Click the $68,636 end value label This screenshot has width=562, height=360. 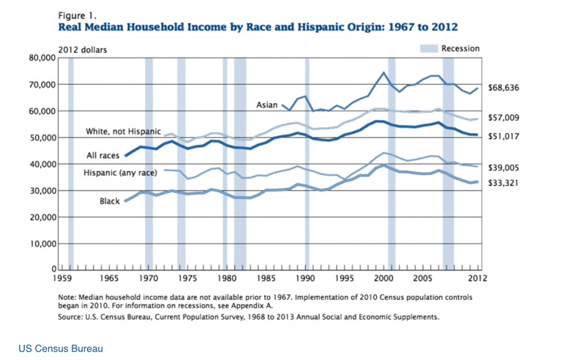coord(503,88)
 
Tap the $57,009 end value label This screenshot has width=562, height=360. coord(503,118)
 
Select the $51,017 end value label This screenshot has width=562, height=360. coord(503,135)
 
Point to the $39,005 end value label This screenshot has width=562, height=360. coord(503,167)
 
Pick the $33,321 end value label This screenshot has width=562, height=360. coord(503,182)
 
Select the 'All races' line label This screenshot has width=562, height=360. coord(103,156)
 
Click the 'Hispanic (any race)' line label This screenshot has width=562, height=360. coord(120,173)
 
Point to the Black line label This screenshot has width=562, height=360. coord(110,200)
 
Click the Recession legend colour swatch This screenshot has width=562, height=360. coord(428,48)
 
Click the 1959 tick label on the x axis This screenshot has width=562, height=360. coord(62,280)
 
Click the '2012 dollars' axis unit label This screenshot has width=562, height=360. coord(82,50)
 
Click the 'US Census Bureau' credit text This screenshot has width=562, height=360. coord(60,349)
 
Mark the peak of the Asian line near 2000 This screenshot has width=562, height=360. coord(384,72)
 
